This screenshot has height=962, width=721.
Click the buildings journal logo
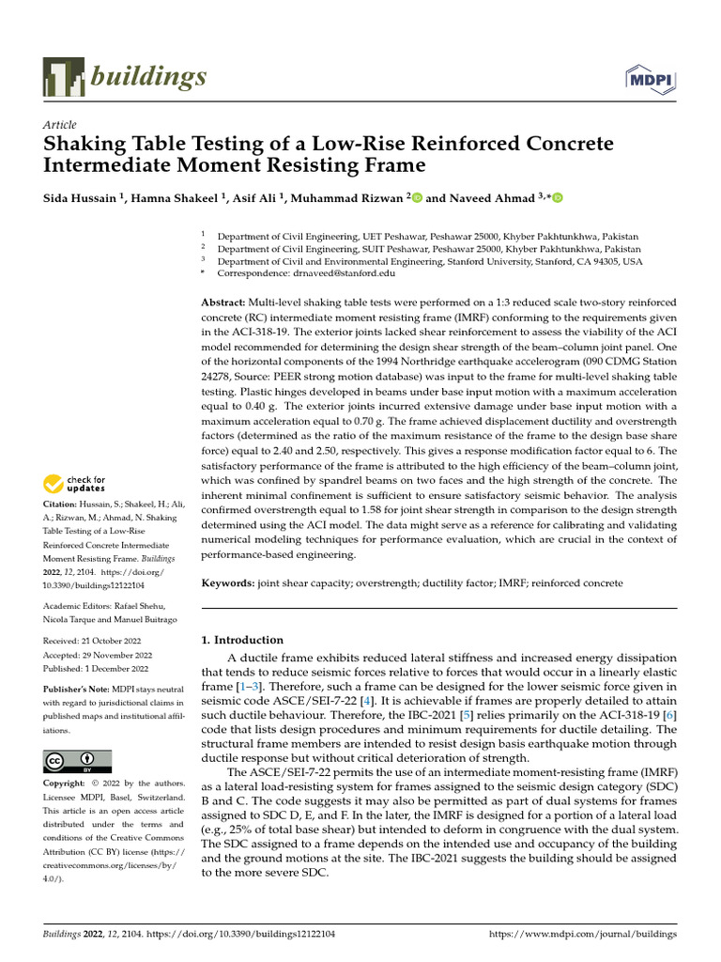point(125,76)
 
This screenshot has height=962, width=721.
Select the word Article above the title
point(60,125)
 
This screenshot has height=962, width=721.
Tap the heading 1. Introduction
point(243,640)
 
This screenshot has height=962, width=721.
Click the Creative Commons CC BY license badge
point(77,761)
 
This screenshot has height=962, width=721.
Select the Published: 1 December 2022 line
point(96,669)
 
